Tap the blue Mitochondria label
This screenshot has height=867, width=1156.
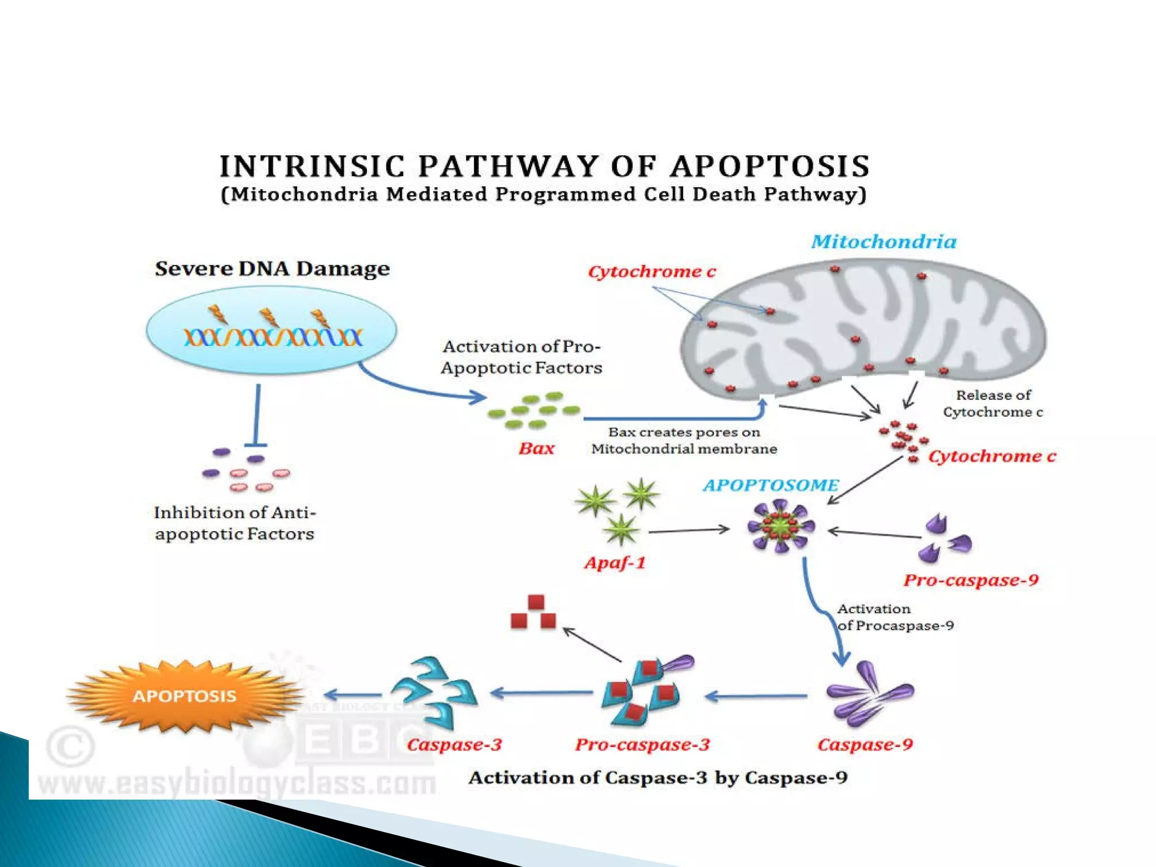(883, 242)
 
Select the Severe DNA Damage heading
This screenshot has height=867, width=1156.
(272, 269)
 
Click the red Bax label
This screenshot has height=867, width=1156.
(536, 449)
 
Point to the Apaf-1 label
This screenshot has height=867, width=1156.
(614, 563)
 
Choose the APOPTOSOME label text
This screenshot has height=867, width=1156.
(770, 485)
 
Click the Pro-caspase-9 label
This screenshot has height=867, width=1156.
(970, 580)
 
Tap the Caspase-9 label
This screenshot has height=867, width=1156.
(865, 745)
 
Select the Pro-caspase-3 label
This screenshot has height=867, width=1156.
(642, 745)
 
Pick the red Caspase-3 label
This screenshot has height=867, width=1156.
(454, 745)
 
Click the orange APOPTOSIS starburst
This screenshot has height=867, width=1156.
(184, 695)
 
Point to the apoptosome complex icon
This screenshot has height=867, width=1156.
(781, 528)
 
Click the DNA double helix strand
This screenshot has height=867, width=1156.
(273, 337)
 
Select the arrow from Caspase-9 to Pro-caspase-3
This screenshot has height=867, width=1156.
(756, 697)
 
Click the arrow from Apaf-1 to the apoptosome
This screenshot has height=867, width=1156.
(689, 531)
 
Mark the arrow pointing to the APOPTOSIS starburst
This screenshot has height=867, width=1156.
(353, 695)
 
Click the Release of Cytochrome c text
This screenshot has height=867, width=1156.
(992, 404)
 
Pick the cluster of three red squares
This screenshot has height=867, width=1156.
(533, 612)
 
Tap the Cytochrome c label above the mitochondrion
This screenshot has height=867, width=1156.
(651, 272)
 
